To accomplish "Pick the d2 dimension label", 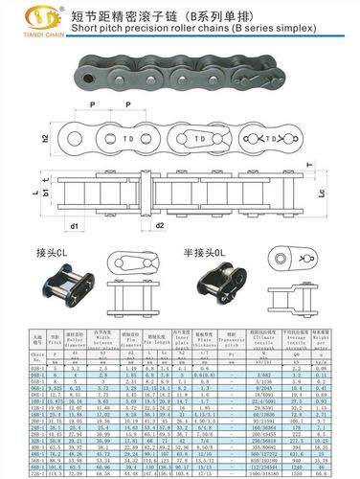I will pyautogui.click(x=160, y=226).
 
